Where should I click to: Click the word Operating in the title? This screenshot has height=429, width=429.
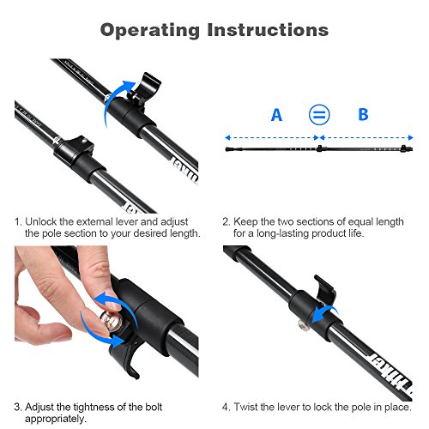pos(150,30)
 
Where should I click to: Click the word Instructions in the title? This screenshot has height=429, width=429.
pos(268,30)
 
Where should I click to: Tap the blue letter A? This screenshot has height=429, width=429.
pos(276,115)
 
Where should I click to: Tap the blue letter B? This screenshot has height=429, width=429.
pos(363,114)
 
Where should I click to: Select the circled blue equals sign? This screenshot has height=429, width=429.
pos(319,115)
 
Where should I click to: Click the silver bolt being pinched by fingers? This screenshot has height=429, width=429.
pos(111,323)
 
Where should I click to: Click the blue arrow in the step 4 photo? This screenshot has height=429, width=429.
pos(324,313)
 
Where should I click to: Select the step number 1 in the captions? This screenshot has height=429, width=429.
pos(18,222)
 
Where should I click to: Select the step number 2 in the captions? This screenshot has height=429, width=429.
pos(226,222)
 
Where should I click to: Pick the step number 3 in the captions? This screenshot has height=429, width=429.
pos(18,407)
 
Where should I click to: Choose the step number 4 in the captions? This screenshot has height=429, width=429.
pos(226,407)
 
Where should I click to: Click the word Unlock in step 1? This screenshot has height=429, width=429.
pos(41,222)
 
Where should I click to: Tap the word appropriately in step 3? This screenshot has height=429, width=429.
pos(56,420)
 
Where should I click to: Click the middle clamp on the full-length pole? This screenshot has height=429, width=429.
pos(319,148)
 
